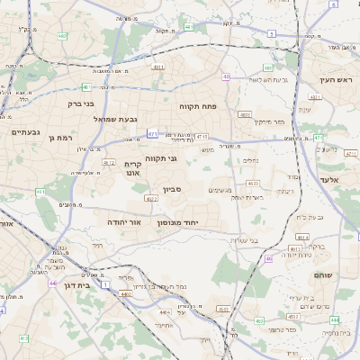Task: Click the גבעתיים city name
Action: [24, 132]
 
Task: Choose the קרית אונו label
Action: [133, 168]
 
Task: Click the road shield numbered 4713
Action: [201, 137]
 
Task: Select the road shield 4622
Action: [150, 198]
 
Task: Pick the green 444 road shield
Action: [334, 319]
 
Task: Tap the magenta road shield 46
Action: [268, 259]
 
